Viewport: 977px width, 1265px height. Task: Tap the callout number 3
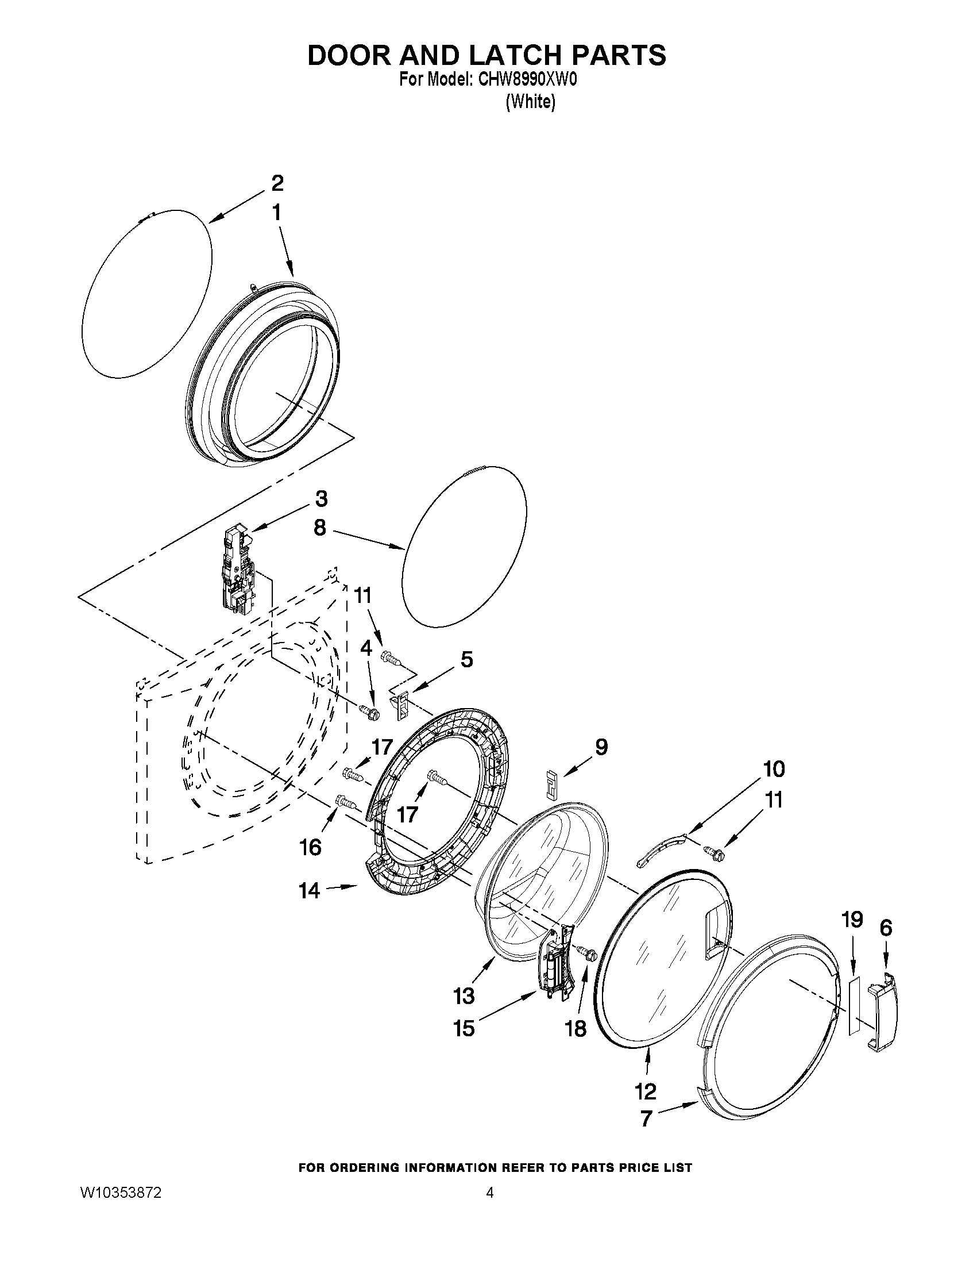[321, 498]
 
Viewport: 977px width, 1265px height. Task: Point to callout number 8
[320, 528]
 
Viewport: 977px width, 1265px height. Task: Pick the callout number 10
[773, 768]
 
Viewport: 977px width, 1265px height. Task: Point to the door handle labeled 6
[882, 1012]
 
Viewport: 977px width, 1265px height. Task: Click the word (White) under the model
[530, 102]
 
